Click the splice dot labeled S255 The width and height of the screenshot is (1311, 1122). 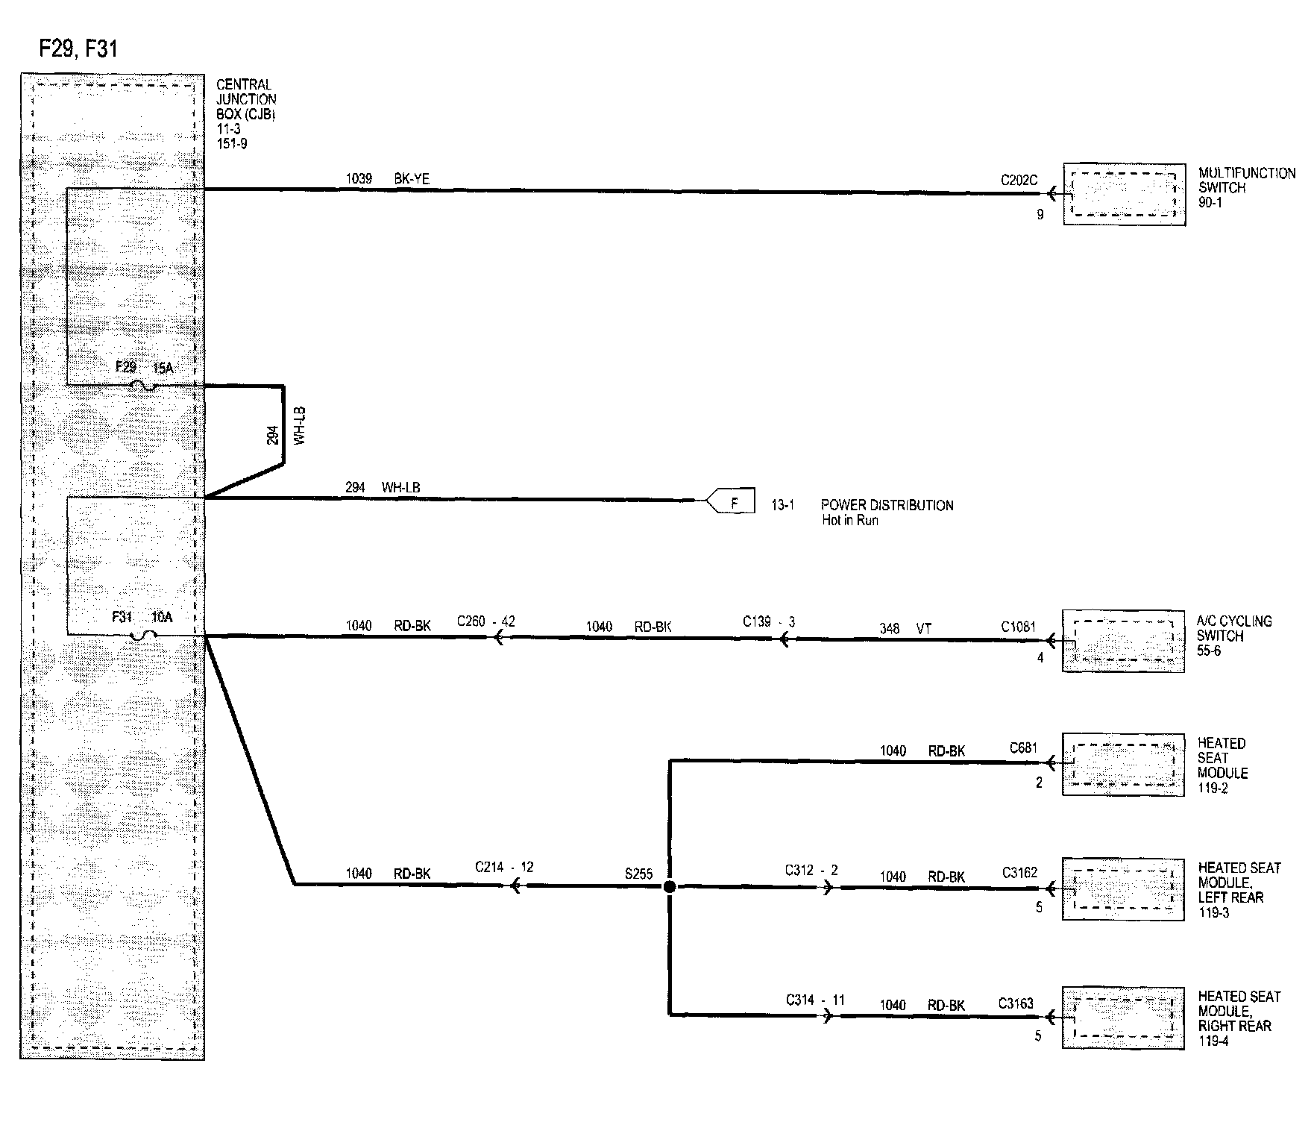[x=670, y=886]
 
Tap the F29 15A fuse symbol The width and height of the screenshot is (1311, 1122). [x=143, y=386]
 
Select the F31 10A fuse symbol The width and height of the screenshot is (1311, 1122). [x=143, y=636]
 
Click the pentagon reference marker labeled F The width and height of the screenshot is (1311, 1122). [x=732, y=501]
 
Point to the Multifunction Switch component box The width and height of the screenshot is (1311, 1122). [x=1124, y=194]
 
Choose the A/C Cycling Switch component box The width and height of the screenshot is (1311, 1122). [x=1123, y=641]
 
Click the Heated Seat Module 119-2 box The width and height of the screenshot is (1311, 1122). [x=1123, y=765]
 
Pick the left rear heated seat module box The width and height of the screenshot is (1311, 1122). [x=1123, y=889]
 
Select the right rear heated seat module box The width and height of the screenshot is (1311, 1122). [x=1123, y=1018]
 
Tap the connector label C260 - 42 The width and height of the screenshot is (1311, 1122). [x=485, y=621]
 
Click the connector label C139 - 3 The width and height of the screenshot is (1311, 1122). [x=769, y=621]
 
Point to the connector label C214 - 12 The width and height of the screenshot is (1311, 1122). [x=504, y=867]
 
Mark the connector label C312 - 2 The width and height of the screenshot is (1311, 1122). [x=811, y=870]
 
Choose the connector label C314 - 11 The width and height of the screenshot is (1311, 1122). [x=815, y=1000]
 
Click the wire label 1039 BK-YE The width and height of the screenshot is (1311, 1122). [x=387, y=179]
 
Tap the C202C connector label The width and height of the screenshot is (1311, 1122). [x=1019, y=181]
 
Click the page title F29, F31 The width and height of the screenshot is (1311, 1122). [x=78, y=49]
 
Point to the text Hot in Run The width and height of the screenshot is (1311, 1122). [x=850, y=520]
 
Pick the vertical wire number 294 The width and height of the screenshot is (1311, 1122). [x=273, y=435]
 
